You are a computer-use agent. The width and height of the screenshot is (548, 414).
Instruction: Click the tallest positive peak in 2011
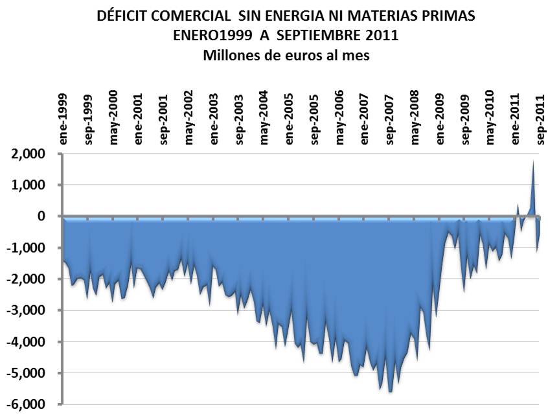(532, 162)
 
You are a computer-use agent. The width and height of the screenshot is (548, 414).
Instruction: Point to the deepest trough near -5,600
(390, 391)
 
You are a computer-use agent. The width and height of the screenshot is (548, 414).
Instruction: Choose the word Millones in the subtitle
(231, 55)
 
